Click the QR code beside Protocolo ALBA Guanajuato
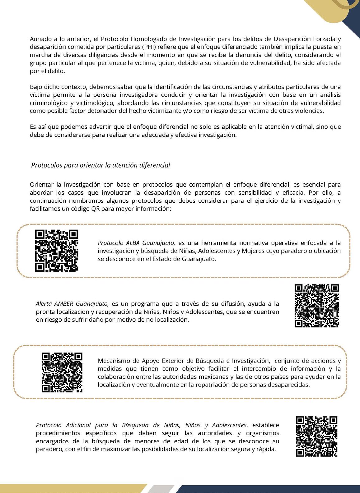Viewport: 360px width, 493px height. (56, 250)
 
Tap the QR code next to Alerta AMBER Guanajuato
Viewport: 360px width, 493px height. (316, 306)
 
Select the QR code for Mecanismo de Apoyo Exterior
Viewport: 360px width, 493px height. (62, 372)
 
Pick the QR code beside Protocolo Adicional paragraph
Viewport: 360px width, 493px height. (316, 436)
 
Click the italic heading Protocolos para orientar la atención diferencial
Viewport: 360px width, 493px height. (101, 165)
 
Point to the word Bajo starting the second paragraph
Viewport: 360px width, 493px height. (36, 87)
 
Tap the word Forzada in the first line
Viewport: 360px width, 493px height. (325, 39)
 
